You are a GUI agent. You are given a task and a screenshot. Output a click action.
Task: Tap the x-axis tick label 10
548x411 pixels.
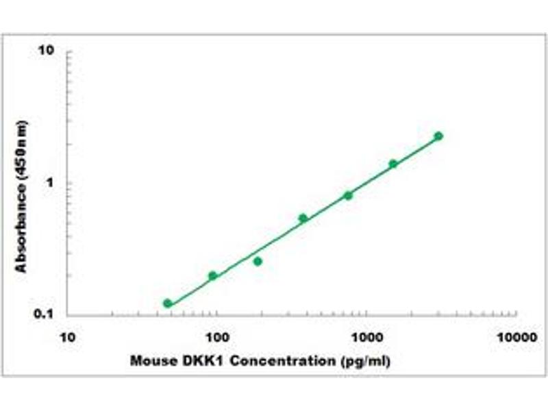[x=67, y=337]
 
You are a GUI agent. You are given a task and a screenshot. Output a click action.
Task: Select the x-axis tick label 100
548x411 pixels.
[x=217, y=337]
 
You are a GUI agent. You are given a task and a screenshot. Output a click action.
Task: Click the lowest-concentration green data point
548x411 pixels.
[x=168, y=303]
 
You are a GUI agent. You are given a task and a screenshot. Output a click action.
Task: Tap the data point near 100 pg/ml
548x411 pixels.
[x=212, y=276]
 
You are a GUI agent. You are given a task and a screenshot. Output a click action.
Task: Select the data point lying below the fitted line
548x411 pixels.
[x=258, y=261]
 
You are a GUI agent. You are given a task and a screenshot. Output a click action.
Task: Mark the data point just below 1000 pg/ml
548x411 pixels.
[x=348, y=195]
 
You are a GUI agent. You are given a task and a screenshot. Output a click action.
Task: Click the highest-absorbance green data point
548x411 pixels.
[x=438, y=136]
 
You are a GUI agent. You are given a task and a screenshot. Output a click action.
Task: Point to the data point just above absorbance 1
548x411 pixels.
[x=393, y=164]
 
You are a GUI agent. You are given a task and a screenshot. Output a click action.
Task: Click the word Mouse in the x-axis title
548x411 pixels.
[x=149, y=360]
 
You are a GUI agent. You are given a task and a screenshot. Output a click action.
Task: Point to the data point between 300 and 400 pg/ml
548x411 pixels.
[x=303, y=218]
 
